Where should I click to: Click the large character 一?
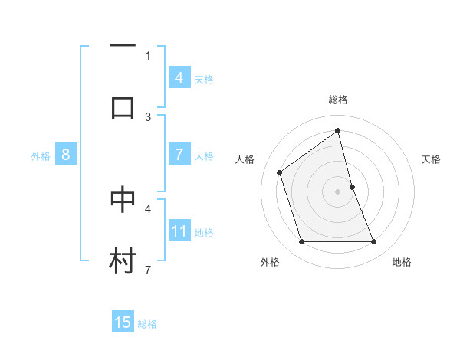[x=123, y=47]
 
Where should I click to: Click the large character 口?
[x=123, y=107]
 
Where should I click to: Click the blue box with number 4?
[x=179, y=78]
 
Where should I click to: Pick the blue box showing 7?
[x=179, y=155]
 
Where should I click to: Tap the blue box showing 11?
[x=179, y=231]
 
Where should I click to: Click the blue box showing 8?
[x=65, y=155]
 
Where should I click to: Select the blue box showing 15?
[x=123, y=322]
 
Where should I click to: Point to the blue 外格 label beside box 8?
[x=41, y=156]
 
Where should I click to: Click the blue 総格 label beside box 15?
[x=147, y=324]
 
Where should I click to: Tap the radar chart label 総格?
[x=338, y=100]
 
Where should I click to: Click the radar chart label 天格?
[x=432, y=159]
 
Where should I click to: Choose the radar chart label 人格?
[x=245, y=159]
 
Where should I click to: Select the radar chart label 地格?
[x=402, y=262]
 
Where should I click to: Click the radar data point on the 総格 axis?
[x=338, y=131]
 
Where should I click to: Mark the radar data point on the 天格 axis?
[x=352, y=187]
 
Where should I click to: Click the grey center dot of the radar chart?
[x=338, y=191]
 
